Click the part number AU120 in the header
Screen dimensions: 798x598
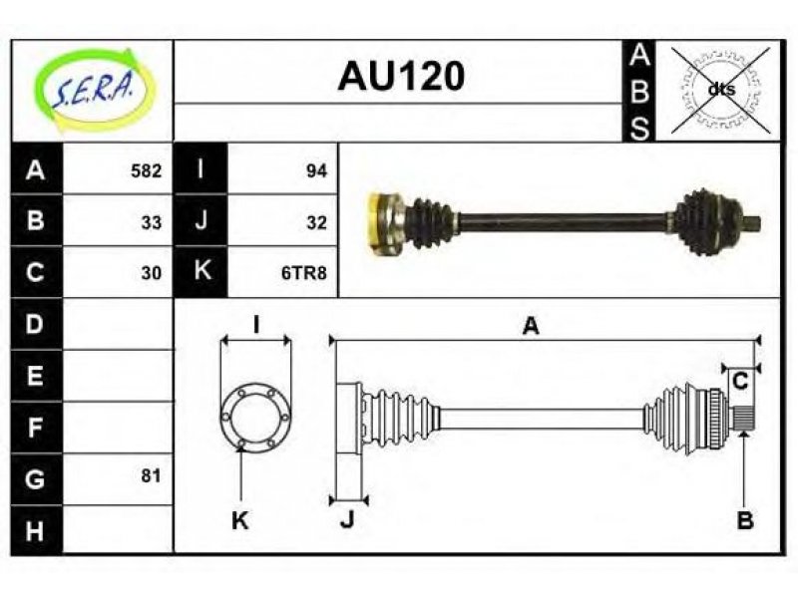401,77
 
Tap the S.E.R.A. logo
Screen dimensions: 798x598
94,90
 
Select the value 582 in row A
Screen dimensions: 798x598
146,170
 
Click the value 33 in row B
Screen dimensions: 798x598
152,222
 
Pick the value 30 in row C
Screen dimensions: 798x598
152,273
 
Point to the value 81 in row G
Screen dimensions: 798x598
152,476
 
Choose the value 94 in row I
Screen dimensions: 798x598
316,170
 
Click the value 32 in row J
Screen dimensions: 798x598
316,222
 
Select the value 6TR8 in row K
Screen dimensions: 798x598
304,273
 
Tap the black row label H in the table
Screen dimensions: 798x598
36,530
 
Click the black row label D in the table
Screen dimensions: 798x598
36,324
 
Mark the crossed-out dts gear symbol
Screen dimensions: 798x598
720,90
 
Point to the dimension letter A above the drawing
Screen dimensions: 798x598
531,326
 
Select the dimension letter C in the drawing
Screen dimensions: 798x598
741,381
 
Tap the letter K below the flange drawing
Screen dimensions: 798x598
239,520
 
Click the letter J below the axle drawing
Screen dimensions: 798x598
346,519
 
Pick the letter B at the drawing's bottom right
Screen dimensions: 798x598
744,520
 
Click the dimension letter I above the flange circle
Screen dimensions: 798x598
256,325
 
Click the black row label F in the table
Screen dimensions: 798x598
36,428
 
